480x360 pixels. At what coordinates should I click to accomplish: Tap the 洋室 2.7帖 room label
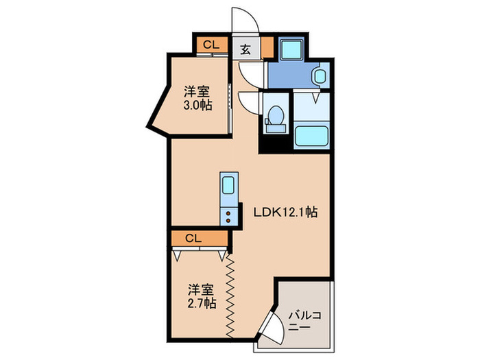(202, 296)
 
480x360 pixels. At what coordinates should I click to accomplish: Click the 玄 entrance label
(245, 49)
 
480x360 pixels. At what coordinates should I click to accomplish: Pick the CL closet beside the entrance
(211, 45)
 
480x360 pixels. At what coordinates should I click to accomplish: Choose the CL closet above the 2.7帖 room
(193, 239)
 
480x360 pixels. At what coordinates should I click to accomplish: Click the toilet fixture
(276, 116)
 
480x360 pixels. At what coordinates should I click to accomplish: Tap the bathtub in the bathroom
(312, 137)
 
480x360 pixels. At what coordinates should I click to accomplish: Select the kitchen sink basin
(228, 186)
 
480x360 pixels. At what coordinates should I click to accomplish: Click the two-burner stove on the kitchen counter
(228, 215)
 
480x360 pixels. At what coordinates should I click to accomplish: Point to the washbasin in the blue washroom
(320, 76)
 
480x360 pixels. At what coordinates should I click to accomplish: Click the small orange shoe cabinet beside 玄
(267, 48)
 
